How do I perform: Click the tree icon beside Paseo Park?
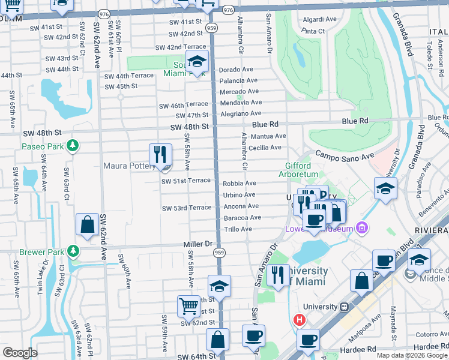tap(73, 146)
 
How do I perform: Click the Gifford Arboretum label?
tap(298, 170)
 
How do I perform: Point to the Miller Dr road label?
tap(198, 244)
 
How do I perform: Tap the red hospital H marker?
tap(298, 320)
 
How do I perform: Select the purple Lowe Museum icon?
tap(361, 227)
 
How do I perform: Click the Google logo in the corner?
tap(20, 352)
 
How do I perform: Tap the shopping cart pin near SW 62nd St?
tap(188, 306)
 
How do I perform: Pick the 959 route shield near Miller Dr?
tap(219, 253)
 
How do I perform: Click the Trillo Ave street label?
tap(238, 229)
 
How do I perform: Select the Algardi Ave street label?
tap(320, 19)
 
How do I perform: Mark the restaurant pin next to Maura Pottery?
tap(160, 154)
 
